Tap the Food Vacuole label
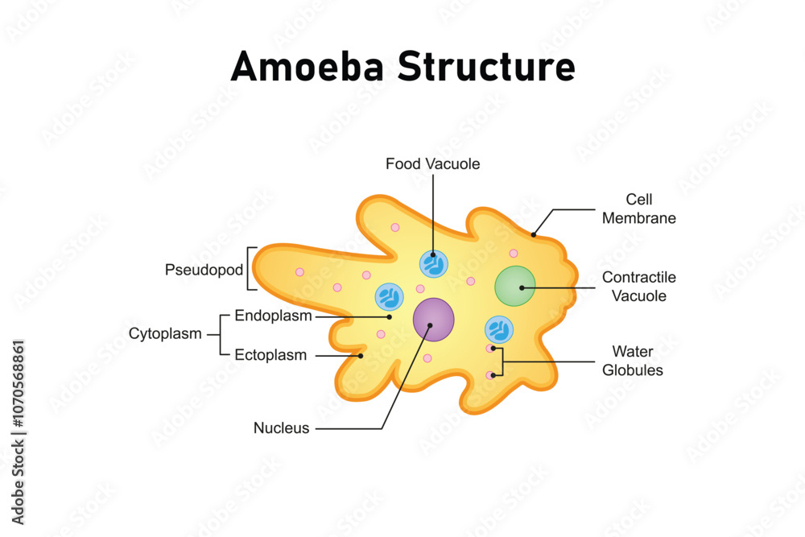point(432,164)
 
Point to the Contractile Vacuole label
point(638,287)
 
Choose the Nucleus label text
point(281,428)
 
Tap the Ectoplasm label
point(270,355)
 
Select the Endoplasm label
point(273,316)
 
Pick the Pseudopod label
point(204,270)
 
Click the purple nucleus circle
point(433,320)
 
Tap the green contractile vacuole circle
point(515,287)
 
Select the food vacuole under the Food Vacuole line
point(433,263)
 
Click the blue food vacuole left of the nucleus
point(390,298)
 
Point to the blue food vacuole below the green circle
point(498,330)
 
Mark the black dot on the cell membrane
point(533,235)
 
